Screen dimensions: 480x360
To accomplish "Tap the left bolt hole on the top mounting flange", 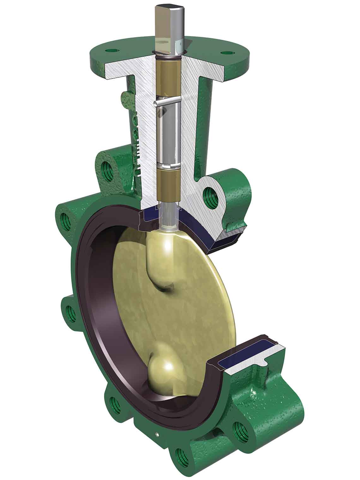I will pyautogui.click(x=111, y=50).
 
